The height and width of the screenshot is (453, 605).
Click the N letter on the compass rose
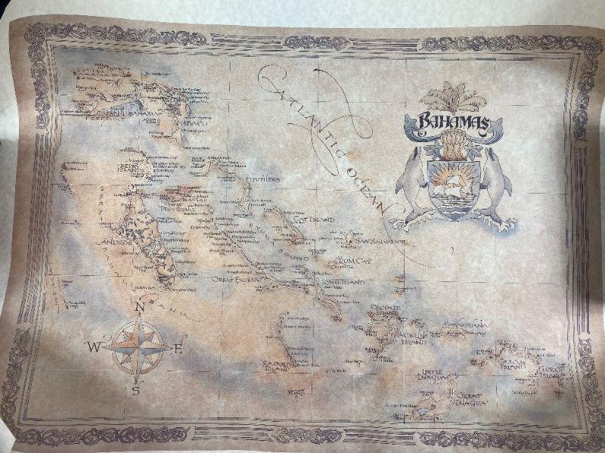(138, 307)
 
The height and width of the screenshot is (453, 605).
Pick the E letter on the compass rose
(179, 349)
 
